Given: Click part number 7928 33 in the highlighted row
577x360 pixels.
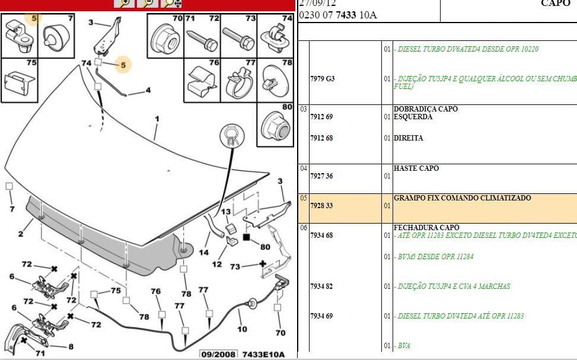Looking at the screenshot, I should [321, 206].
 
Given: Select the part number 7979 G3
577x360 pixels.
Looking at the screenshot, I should [322, 79].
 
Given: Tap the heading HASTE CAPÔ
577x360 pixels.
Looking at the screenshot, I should [416, 168].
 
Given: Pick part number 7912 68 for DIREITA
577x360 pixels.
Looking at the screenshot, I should [321, 138].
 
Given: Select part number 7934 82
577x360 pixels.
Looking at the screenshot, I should [321, 286].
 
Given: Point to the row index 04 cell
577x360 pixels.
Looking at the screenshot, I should [303, 168].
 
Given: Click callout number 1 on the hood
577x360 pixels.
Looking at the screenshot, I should [157, 119].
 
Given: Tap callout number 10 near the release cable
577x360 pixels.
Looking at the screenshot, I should [242, 329].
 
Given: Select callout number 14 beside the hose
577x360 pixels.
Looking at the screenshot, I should [204, 252].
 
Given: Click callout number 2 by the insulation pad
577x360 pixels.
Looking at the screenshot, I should [21, 234].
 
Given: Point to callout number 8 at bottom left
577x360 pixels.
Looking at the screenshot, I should [71, 347].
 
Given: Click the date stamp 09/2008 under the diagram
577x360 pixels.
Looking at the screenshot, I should [216, 354].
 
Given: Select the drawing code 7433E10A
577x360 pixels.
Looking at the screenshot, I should [263, 354].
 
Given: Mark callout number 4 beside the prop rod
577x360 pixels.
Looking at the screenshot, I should [148, 91].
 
